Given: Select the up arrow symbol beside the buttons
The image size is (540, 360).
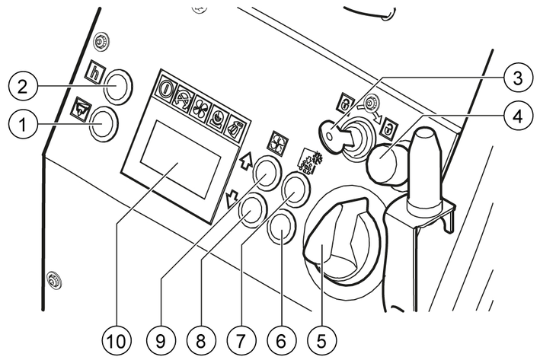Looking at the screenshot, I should point(245,161).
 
